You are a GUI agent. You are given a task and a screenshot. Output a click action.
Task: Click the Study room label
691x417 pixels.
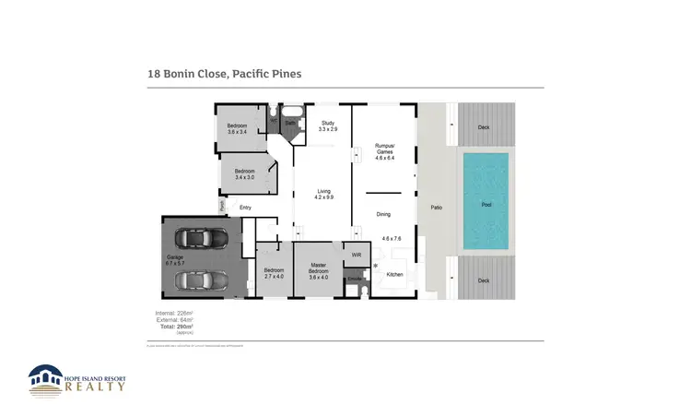point(327,126)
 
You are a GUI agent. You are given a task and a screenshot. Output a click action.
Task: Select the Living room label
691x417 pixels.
point(322,195)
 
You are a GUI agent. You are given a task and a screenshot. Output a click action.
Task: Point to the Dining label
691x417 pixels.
point(383,213)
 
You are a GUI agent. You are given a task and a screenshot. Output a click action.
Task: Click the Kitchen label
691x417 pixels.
point(394,274)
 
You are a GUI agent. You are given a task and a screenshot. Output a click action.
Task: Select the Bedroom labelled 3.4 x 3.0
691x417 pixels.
point(244,173)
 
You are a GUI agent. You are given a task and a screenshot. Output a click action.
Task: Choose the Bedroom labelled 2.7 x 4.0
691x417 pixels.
point(275,273)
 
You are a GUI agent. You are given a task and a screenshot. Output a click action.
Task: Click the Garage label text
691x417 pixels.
point(175,259)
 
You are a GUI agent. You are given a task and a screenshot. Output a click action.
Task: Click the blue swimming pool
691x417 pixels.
point(485,205)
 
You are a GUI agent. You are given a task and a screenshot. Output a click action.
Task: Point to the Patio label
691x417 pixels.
point(436,207)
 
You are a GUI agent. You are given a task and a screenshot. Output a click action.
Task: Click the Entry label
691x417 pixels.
point(245,208)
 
